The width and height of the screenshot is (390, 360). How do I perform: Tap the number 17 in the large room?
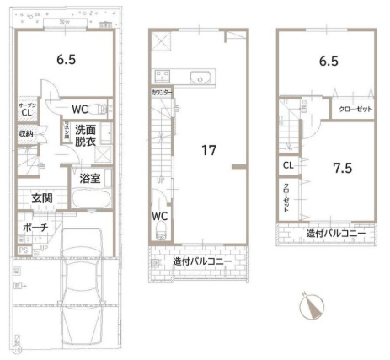point(210,151)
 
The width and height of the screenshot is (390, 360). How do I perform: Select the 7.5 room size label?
point(340,167)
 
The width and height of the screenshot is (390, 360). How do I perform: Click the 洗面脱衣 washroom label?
point(84,137)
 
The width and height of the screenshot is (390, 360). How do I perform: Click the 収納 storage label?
point(26,134)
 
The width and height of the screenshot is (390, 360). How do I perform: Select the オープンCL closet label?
point(26,109)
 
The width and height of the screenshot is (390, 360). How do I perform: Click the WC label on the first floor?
point(81,109)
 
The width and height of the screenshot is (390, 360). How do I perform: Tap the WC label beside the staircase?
point(159,217)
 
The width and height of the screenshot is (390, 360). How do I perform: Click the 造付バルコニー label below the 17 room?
point(202,261)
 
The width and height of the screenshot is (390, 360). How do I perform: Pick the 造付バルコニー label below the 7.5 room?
point(335,233)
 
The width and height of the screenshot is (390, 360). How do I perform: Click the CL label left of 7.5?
point(288,165)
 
